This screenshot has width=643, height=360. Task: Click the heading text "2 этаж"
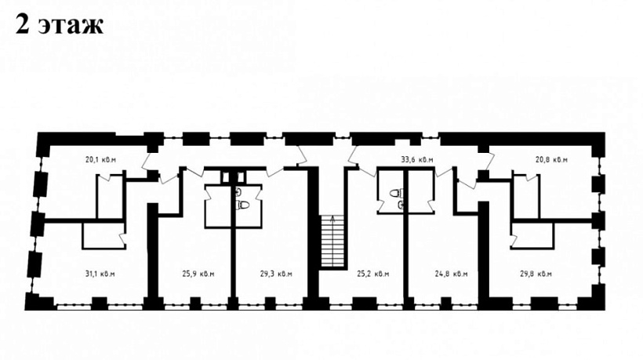[x=60, y=25]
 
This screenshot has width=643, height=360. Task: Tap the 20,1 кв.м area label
[x=100, y=159]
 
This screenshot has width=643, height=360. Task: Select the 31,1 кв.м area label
[x=100, y=274]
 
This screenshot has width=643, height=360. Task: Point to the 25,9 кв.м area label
[x=198, y=274]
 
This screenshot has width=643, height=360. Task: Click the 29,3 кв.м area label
[x=276, y=274]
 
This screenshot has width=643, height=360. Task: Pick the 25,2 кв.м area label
[x=373, y=274]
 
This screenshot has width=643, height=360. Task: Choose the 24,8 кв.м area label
[x=451, y=274]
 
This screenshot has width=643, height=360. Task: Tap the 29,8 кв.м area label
[x=536, y=274]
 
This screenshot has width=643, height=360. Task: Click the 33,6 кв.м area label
[x=417, y=159]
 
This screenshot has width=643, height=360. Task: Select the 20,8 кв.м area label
[x=551, y=159]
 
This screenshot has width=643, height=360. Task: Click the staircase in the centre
[x=332, y=242]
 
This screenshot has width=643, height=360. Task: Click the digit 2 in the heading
[x=23, y=26]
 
